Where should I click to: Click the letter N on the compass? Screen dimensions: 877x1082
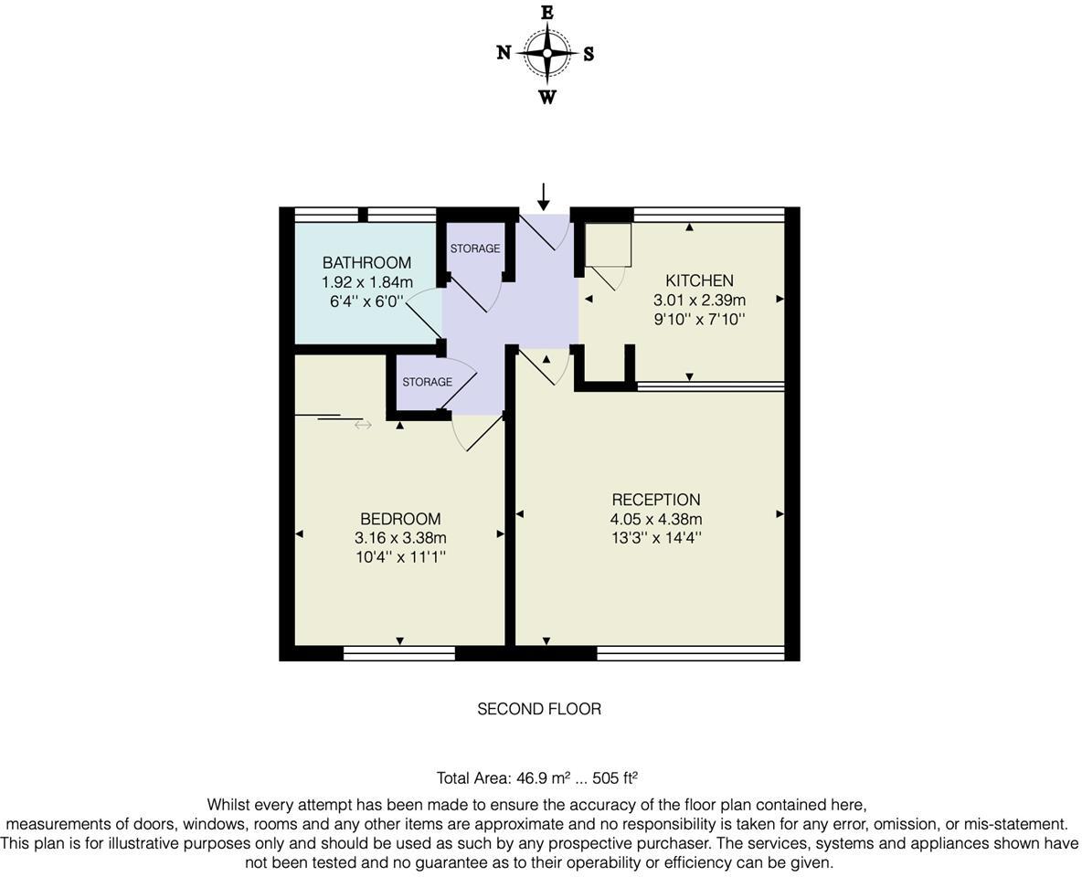click(x=504, y=53)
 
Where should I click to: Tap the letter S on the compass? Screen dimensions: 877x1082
click(x=589, y=54)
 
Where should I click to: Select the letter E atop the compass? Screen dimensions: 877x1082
click(x=546, y=13)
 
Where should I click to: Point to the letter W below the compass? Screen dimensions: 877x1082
click(x=546, y=97)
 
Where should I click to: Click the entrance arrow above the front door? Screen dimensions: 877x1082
click(x=544, y=196)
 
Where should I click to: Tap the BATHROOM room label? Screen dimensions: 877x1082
click(x=366, y=263)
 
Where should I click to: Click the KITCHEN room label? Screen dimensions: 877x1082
click(x=699, y=280)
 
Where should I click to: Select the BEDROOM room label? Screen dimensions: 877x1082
click(x=400, y=519)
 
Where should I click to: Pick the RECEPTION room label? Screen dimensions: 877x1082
click(x=656, y=500)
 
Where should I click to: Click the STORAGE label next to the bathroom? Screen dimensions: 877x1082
click(x=475, y=248)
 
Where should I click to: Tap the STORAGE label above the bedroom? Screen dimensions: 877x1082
click(x=427, y=382)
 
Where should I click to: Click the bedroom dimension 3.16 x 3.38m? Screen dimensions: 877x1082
click(x=400, y=538)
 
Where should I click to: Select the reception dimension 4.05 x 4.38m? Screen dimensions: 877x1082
click(x=656, y=519)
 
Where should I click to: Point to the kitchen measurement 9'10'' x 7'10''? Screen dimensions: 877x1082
click(x=699, y=319)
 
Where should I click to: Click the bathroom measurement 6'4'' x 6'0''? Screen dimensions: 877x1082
click(x=366, y=301)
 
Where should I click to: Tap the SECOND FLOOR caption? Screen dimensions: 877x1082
click(x=539, y=709)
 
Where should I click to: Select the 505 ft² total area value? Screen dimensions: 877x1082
click(x=615, y=778)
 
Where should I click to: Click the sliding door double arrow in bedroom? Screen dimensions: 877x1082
click(x=363, y=425)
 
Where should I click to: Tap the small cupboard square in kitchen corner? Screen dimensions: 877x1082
click(x=608, y=245)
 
